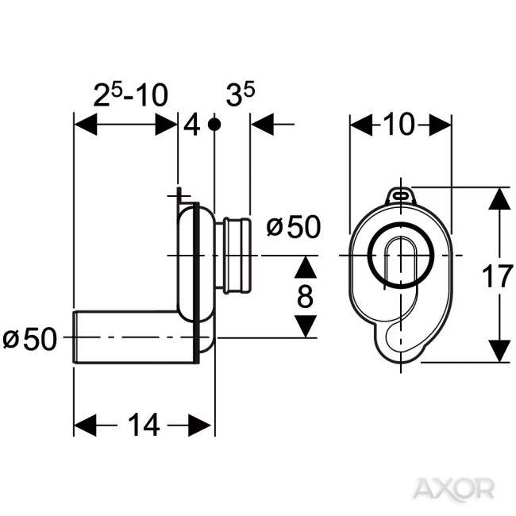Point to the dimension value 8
(x=305, y=297)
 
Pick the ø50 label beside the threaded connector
(x=293, y=228)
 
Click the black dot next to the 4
(x=214, y=125)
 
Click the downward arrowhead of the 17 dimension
(x=499, y=352)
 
